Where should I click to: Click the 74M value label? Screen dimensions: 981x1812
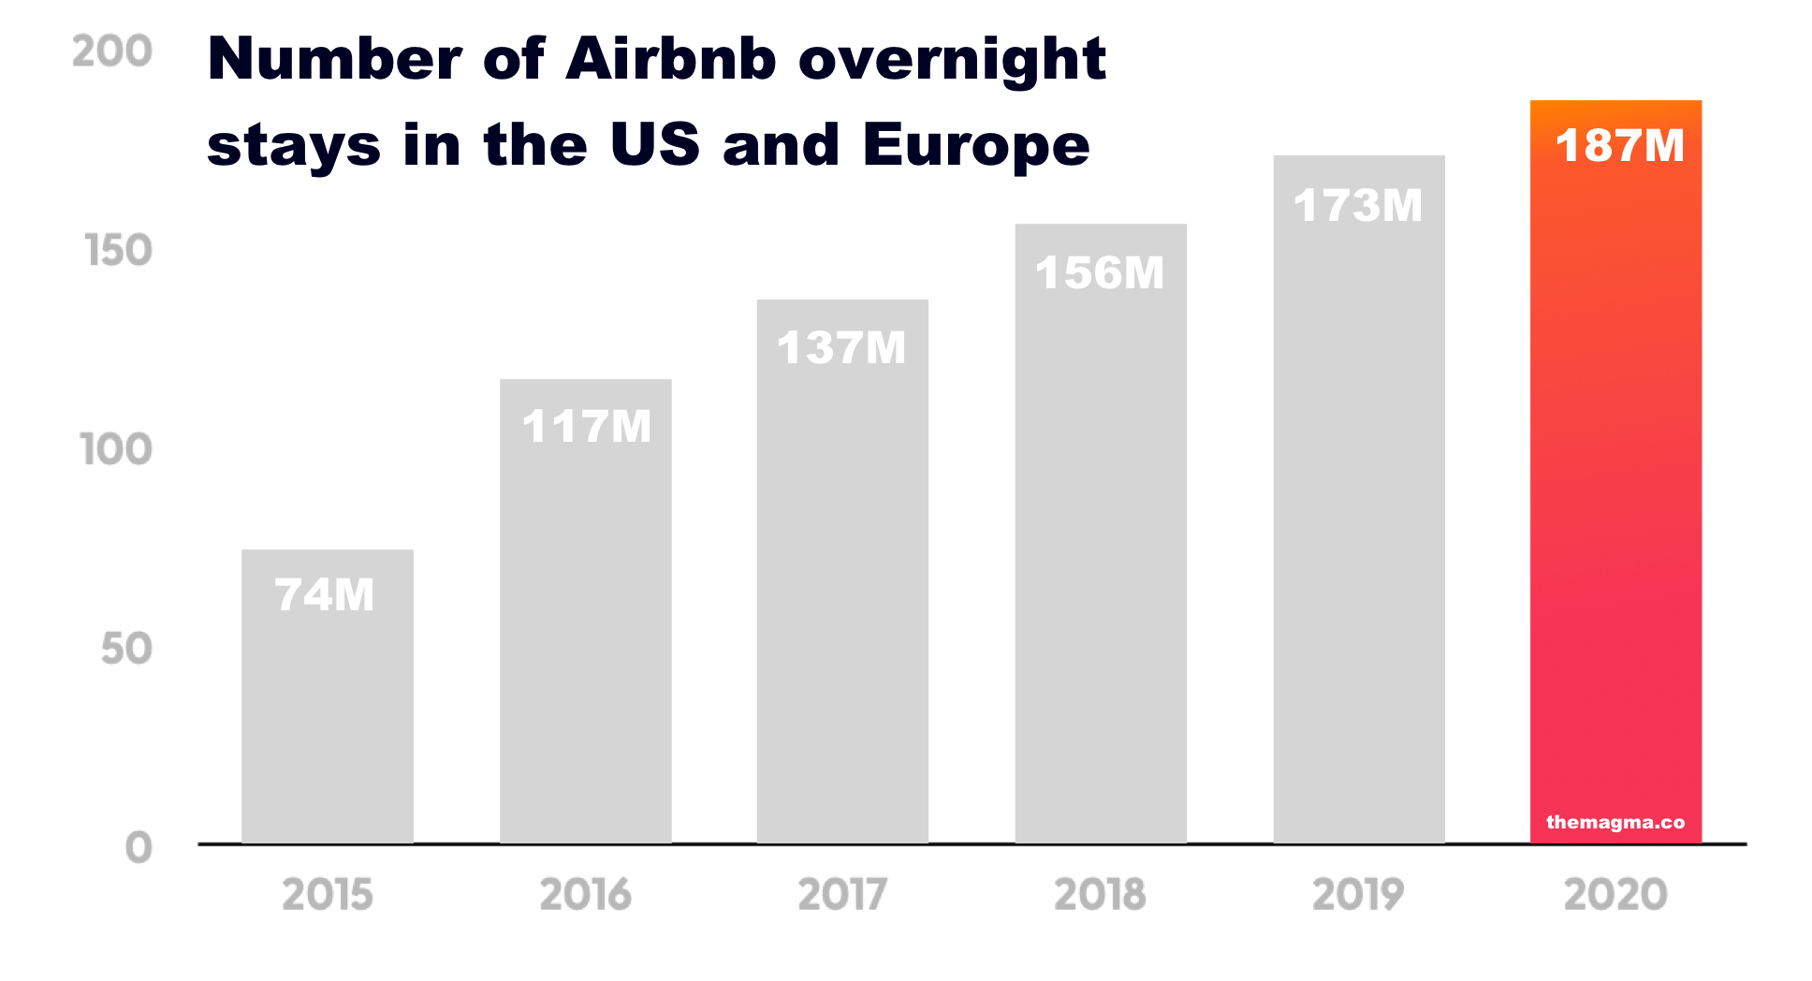[325, 595]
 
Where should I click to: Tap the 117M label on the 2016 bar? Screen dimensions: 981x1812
[586, 427]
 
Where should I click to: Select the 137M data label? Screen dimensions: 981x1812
[841, 348]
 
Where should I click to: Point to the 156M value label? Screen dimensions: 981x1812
[1100, 273]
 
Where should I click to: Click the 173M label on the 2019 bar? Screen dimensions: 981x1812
[1358, 206]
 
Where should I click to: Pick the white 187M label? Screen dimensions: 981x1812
[1619, 146]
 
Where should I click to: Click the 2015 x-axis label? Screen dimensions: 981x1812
[328, 895]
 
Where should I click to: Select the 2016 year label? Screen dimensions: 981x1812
[586, 895]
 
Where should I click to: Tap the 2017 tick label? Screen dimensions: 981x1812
[842, 895]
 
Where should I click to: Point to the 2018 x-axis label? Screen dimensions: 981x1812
[1101, 895]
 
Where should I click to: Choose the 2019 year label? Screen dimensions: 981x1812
[1358, 895]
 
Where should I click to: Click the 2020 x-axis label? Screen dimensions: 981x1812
[1616, 895]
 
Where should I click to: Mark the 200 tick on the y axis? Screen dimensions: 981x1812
[112, 51]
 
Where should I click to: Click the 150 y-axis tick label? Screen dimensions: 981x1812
[118, 251]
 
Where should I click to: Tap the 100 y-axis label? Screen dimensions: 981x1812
[116, 450]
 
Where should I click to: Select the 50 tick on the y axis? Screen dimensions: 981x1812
[126, 650]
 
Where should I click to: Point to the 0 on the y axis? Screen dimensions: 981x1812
[139, 848]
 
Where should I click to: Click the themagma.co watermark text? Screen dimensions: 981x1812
[1615, 823]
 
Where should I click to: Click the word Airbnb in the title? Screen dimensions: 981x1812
[671, 60]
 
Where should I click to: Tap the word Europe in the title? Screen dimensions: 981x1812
[976, 146]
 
